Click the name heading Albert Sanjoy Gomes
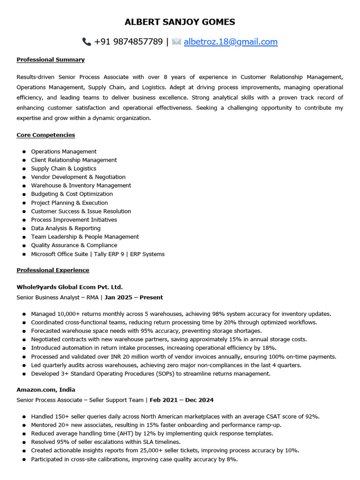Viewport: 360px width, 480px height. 180,22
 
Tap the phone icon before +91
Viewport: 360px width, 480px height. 86,42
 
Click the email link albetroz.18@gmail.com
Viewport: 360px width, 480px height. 231,42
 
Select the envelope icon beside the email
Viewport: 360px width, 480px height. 176,42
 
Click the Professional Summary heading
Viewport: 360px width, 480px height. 51,60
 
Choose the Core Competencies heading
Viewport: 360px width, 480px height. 45,135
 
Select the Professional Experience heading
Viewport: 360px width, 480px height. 52,270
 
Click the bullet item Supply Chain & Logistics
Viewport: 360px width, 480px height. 63,168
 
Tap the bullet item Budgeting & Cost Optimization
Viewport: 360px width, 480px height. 72,194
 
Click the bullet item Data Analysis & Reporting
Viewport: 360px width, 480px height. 66,228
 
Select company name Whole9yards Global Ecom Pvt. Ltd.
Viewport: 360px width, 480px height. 69,287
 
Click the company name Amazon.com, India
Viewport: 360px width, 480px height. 46,390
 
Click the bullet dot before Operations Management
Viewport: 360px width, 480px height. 24,152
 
